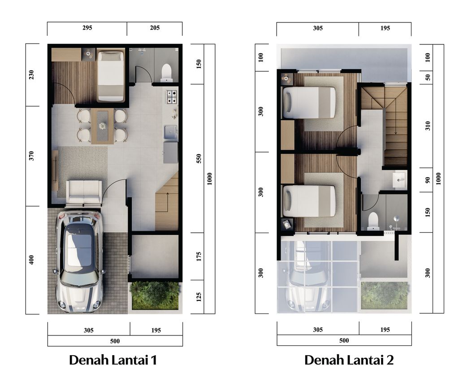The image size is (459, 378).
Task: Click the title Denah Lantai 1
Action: coord(113,360)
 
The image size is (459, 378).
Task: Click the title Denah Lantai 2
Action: coord(349,360)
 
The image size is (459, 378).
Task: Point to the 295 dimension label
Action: coord(87,28)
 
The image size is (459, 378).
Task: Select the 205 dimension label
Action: coord(155,28)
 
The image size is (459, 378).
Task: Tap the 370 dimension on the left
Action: coord(31,156)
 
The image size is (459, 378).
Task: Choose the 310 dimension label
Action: coord(428,126)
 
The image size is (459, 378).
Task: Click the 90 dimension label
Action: coord(428,180)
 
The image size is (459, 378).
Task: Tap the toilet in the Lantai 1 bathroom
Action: coord(166,73)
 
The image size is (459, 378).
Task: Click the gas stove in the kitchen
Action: coord(171,96)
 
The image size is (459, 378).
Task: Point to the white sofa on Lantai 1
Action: coord(84,192)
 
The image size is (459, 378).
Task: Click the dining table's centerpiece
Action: coord(102,126)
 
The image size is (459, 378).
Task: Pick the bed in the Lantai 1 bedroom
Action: coord(111,75)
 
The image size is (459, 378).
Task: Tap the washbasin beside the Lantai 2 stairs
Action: coord(398,180)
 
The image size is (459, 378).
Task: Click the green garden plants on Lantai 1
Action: coord(155,295)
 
